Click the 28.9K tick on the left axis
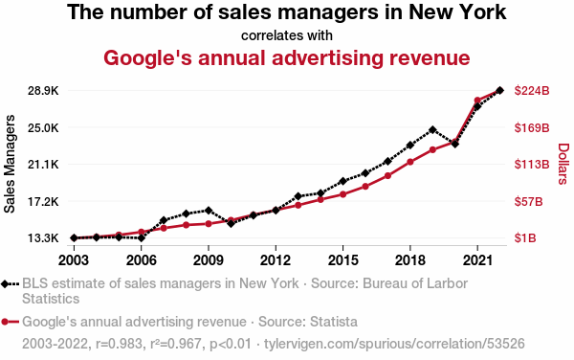pos(43,90)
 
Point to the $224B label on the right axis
pos(532,90)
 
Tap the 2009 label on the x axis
pos(209,260)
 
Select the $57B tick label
pos(528,201)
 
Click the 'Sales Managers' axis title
pos(10,164)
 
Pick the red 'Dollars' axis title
pos(563,164)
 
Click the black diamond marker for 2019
pos(432,129)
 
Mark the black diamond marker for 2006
pos(142,238)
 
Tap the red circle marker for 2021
pos(477,100)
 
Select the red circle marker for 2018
pos(410,162)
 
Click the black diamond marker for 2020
pos(455,144)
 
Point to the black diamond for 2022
pos(499,90)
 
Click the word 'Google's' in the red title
pos(147,57)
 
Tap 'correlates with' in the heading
pos(287,35)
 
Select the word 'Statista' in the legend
pos(334,322)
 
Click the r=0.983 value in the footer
pos(119,344)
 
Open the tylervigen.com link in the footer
pos(394,344)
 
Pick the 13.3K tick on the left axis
pos(43,238)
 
